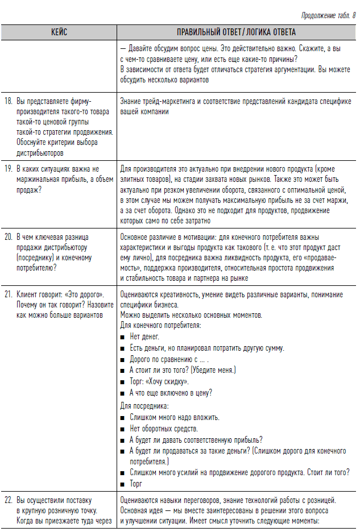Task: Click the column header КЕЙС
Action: coord(59,33)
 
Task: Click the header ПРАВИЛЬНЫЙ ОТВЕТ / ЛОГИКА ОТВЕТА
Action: coord(236,33)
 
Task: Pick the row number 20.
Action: coord(9,236)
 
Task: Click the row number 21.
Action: coord(9,294)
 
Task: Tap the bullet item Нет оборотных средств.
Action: coord(164,429)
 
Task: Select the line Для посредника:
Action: coord(144,406)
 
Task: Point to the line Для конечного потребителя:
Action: coord(160,326)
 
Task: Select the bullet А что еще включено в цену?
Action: coord(171,393)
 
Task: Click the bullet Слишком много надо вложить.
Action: coord(174,417)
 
